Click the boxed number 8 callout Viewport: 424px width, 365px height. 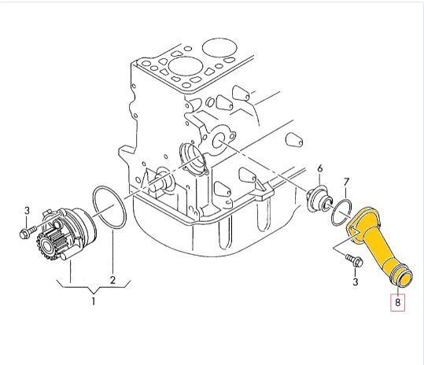click(397, 302)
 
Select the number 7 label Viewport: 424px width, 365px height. click(346, 183)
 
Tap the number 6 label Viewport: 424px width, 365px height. click(320, 168)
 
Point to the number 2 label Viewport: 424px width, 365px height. click(112, 280)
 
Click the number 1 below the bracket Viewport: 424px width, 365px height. click(94, 301)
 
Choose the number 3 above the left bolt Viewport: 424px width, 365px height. click(27, 211)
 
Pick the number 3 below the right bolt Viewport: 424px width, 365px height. click(356, 282)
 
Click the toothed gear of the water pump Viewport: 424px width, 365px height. click(46, 246)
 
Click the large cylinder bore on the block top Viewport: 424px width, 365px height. click(185, 67)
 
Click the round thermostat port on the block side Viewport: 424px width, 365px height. click(218, 142)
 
